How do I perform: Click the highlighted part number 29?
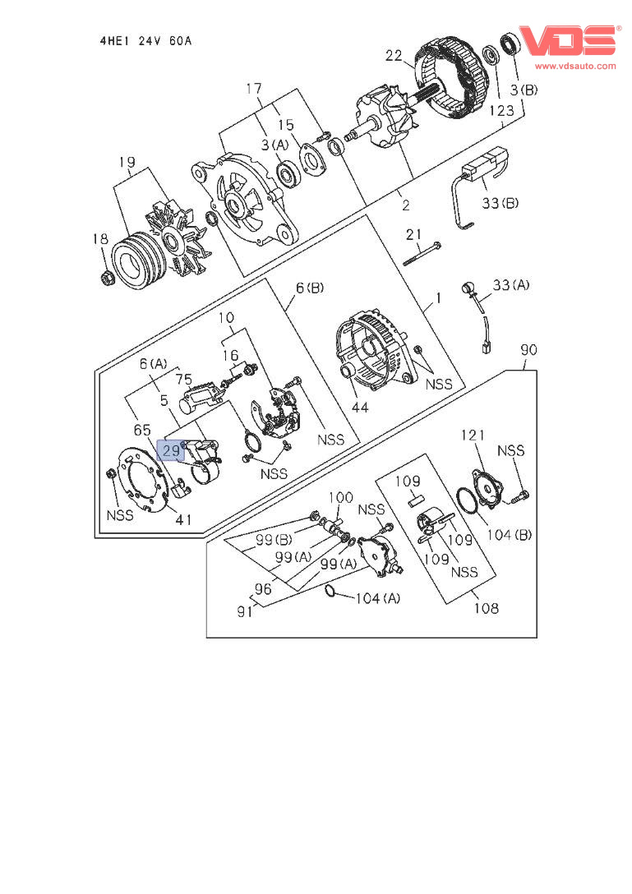coord(171,450)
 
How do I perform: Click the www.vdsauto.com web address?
coord(575,66)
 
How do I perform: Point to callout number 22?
coord(394,56)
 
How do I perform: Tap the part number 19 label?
coord(127,163)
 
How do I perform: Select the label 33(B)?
coord(500,202)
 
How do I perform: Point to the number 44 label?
coord(360,407)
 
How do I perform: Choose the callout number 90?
coord(529,350)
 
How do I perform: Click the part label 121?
coord(473,435)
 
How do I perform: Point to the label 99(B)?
coord(271,540)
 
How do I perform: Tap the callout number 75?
coord(184,379)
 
